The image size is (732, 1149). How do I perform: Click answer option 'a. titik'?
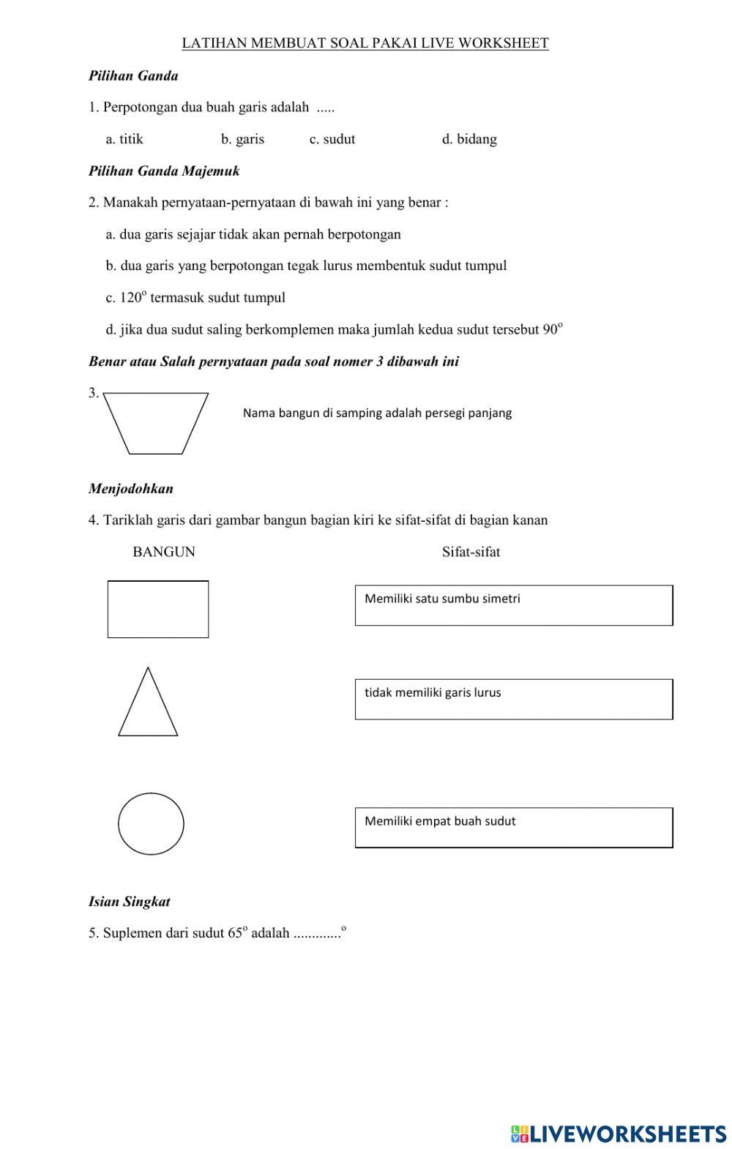point(124,139)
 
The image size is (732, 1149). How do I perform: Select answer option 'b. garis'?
point(242,139)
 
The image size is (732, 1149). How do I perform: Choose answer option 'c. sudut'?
point(332,139)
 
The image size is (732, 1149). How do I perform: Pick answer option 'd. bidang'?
point(469,139)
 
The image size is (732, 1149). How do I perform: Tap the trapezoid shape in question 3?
point(156,423)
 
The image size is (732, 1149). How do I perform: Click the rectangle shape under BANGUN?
point(158,609)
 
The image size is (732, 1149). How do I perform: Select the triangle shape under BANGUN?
point(148,706)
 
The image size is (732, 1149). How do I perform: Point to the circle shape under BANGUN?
point(151,823)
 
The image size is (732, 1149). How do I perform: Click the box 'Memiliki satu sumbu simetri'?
point(513,605)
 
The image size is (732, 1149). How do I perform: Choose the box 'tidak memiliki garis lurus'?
point(513,699)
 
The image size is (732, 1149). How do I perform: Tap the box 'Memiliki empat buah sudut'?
point(513,828)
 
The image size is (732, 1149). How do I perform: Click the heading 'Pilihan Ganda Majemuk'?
point(164,171)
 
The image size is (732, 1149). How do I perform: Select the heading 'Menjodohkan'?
point(131,488)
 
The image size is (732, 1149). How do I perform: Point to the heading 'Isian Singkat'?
point(130,902)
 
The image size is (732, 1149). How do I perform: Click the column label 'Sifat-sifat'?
point(471,552)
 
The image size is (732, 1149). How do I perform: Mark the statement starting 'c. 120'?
point(195,298)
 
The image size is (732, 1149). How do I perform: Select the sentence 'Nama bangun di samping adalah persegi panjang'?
point(377,413)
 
